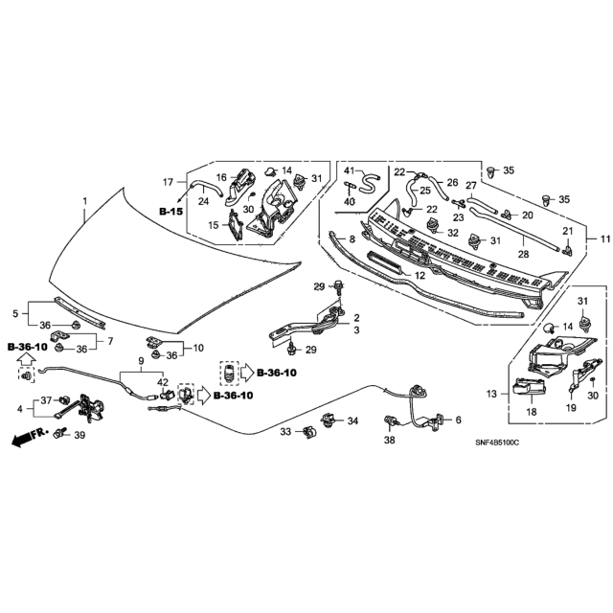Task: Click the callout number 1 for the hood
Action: tap(85, 202)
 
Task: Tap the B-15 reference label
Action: tap(170, 210)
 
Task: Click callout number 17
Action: tap(167, 181)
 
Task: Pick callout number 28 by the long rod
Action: tap(524, 254)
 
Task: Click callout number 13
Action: tap(492, 394)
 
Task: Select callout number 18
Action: tap(529, 411)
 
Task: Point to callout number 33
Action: tap(284, 431)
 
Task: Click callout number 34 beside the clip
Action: tap(353, 420)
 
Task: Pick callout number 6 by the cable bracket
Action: tap(458, 419)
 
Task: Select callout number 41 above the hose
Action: tap(350, 170)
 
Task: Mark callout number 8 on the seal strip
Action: tap(352, 238)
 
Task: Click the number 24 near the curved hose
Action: tap(203, 201)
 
